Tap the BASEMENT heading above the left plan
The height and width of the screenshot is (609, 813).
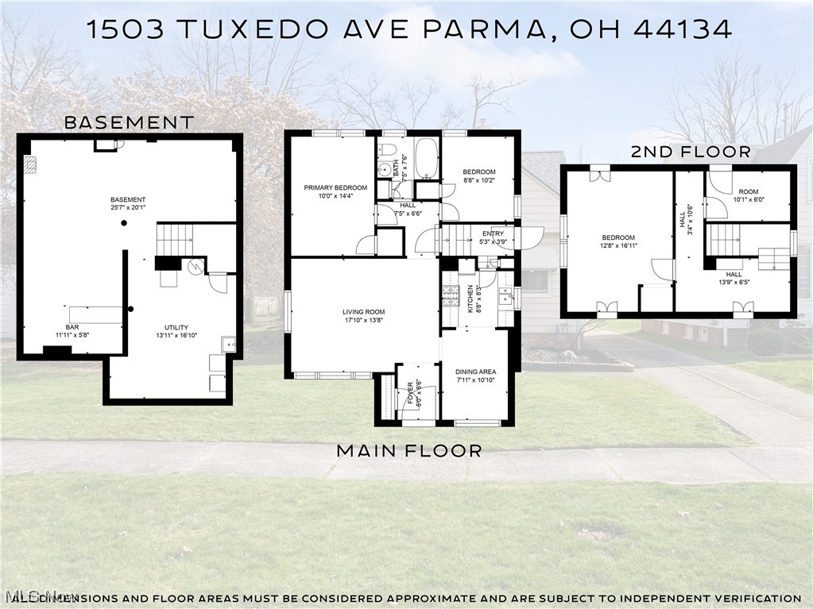click(129, 123)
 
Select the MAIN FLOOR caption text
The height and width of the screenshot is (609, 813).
click(408, 451)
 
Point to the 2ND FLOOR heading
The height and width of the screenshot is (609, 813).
click(691, 152)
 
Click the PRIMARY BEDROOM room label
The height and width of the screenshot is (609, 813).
click(335, 188)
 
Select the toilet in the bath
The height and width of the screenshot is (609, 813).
click(386, 151)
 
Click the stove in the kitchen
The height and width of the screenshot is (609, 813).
click(449, 297)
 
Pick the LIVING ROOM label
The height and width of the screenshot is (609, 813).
click(364, 312)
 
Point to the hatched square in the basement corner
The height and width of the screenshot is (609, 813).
click(31, 164)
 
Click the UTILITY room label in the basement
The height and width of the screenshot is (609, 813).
click(176, 327)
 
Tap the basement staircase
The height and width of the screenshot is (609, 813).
click(174, 236)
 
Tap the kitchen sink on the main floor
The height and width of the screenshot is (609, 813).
click(504, 297)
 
